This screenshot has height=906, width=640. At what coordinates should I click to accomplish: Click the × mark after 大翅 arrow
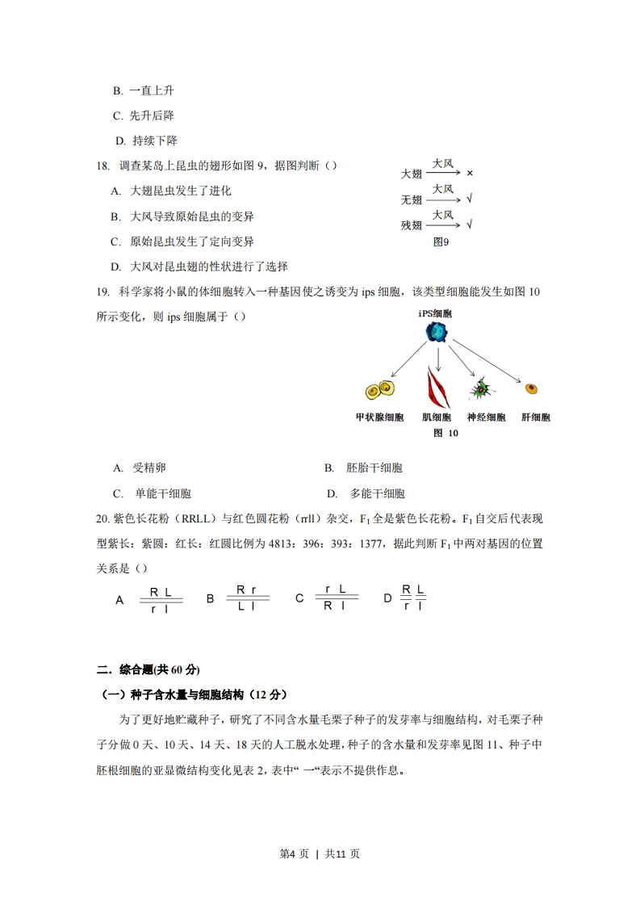(469, 174)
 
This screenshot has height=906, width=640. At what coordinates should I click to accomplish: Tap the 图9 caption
(441, 241)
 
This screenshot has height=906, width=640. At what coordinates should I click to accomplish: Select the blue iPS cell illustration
(437, 331)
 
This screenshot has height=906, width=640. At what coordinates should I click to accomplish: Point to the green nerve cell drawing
(482, 389)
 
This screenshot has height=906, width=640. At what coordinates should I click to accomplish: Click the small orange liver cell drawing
(531, 388)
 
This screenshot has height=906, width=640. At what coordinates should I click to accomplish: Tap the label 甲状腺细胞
(379, 417)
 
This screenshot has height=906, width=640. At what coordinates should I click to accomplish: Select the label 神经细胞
(486, 417)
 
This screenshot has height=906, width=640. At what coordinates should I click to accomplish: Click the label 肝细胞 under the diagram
(535, 417)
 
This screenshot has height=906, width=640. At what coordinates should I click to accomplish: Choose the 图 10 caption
(445, 433)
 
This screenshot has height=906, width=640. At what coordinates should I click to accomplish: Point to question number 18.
(102, 166)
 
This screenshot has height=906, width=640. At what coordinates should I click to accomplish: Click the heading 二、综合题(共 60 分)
(148, 669)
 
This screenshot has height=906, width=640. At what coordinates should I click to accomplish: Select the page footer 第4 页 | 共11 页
(320, 854)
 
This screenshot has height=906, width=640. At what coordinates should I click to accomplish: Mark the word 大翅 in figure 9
(412, 174)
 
